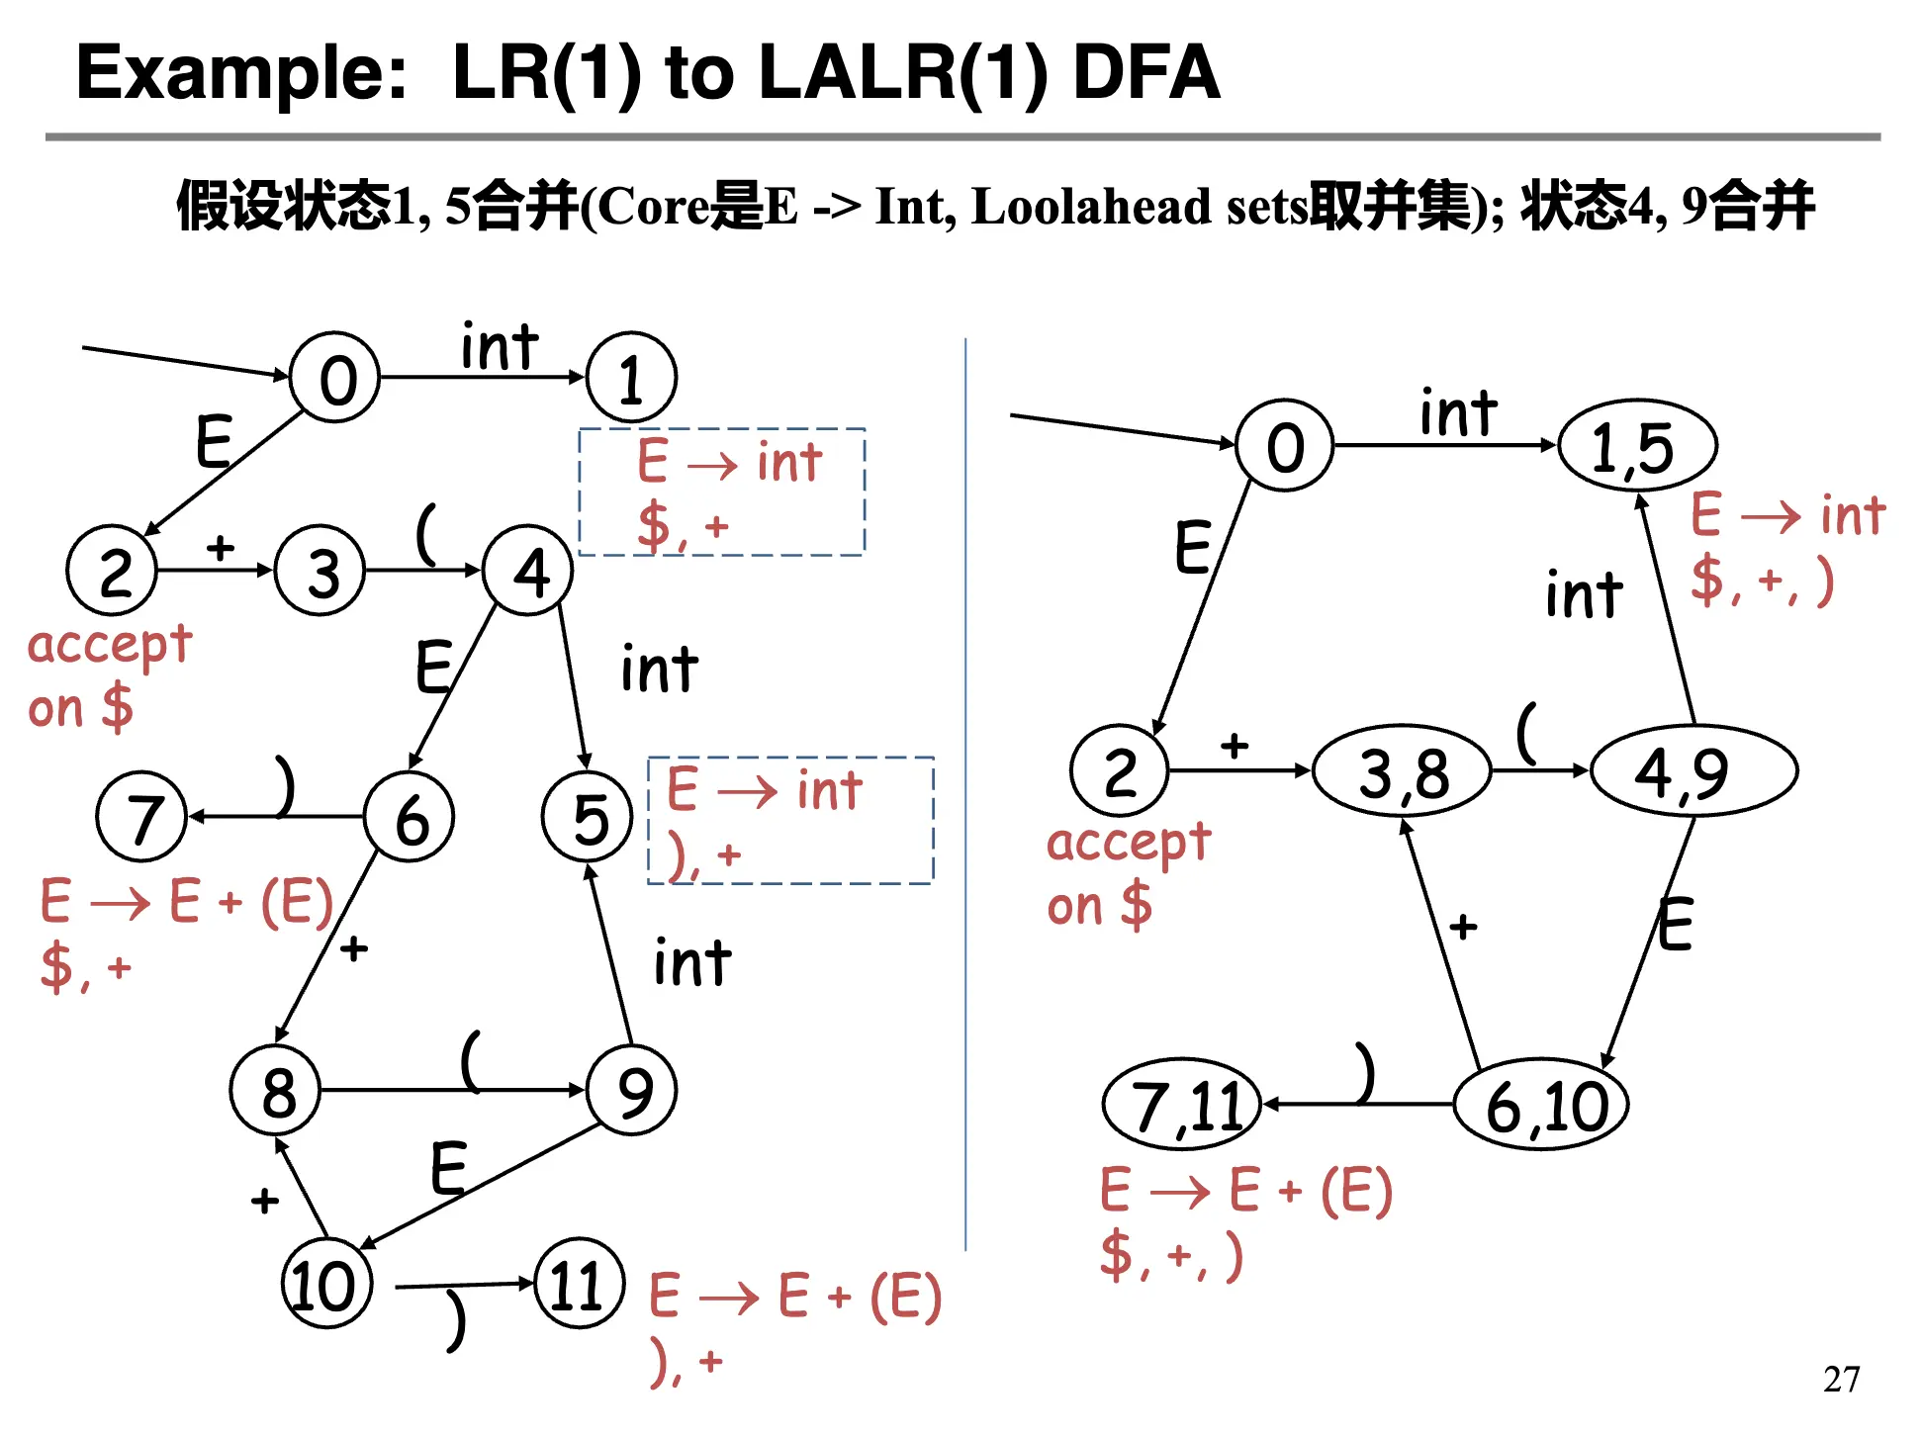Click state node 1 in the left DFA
[631, 378]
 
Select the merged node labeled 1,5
[1636, 447]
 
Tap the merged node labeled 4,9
[1692, 771]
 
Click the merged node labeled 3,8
[1401, 771]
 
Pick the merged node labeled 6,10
[1541, 1105]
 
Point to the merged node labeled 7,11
[1183, 1105]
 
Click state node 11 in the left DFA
[579, 1285]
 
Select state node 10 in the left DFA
[325, 1285]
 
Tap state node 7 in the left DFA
[142, 818]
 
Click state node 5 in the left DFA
[588, 818]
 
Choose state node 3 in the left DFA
[320, 572]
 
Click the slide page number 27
[1841, 1379]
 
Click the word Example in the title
[241, 73]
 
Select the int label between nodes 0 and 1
[500, 348]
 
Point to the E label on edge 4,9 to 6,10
[1675, 925]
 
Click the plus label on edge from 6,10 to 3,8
[1463, 927]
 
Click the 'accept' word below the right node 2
[1129, 844]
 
